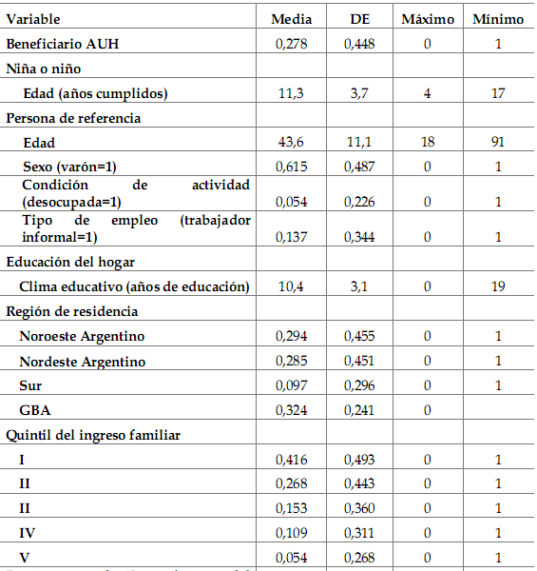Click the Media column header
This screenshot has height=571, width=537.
point(292,19)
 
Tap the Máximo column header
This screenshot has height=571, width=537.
point(428,19)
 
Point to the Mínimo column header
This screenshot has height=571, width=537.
point(498,19)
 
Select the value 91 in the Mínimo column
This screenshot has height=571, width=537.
point(497,143)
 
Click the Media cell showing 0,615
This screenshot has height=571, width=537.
point(292,167)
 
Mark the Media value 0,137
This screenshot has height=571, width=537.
point(292,237)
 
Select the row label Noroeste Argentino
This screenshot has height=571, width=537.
point(84,337)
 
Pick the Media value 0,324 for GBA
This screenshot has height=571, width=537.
point(292,411)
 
